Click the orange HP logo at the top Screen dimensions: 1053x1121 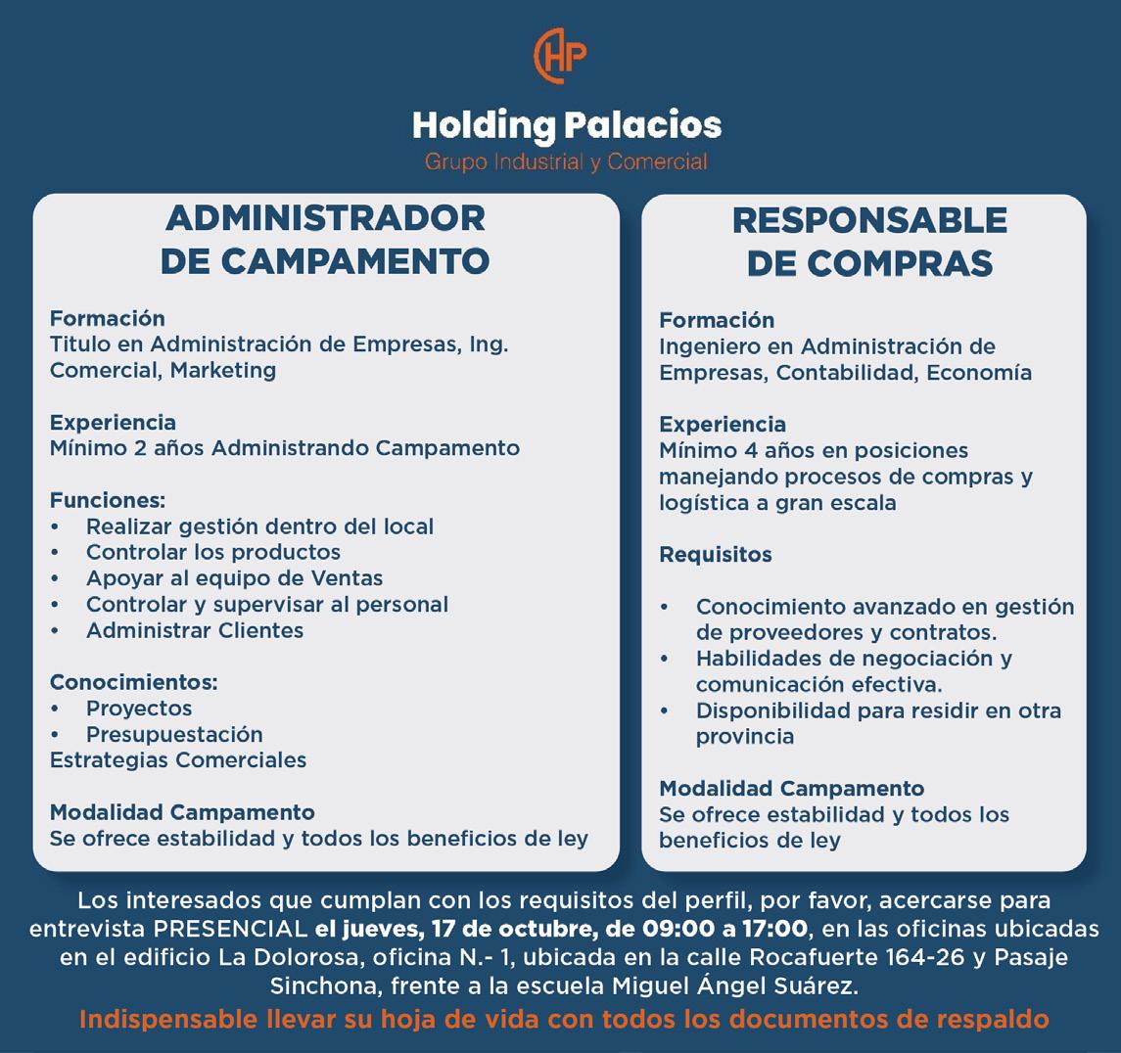[x=560, y=58]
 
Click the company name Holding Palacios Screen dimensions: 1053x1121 [x=566, y=125]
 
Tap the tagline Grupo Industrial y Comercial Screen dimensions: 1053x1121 [x=565, y=161]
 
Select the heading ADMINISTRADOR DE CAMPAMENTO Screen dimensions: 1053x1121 [x=325, y=239]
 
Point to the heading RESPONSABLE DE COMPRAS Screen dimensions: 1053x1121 [x=869, y=242]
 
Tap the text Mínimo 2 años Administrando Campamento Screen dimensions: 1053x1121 [x=285, y=448]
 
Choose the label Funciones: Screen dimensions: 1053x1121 [x=108, y=500]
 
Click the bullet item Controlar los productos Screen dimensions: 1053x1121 [x=213, y=552]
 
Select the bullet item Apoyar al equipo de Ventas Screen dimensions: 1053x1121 [x=234, y=578]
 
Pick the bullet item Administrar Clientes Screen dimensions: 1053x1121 [x=195, y=630]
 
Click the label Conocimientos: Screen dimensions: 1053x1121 [x=134, y=682]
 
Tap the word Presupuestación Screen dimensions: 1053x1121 [x=174, y=734]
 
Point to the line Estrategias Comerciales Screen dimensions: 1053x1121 [x=178, y=760]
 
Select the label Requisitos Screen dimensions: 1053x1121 [x=716, y=555]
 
